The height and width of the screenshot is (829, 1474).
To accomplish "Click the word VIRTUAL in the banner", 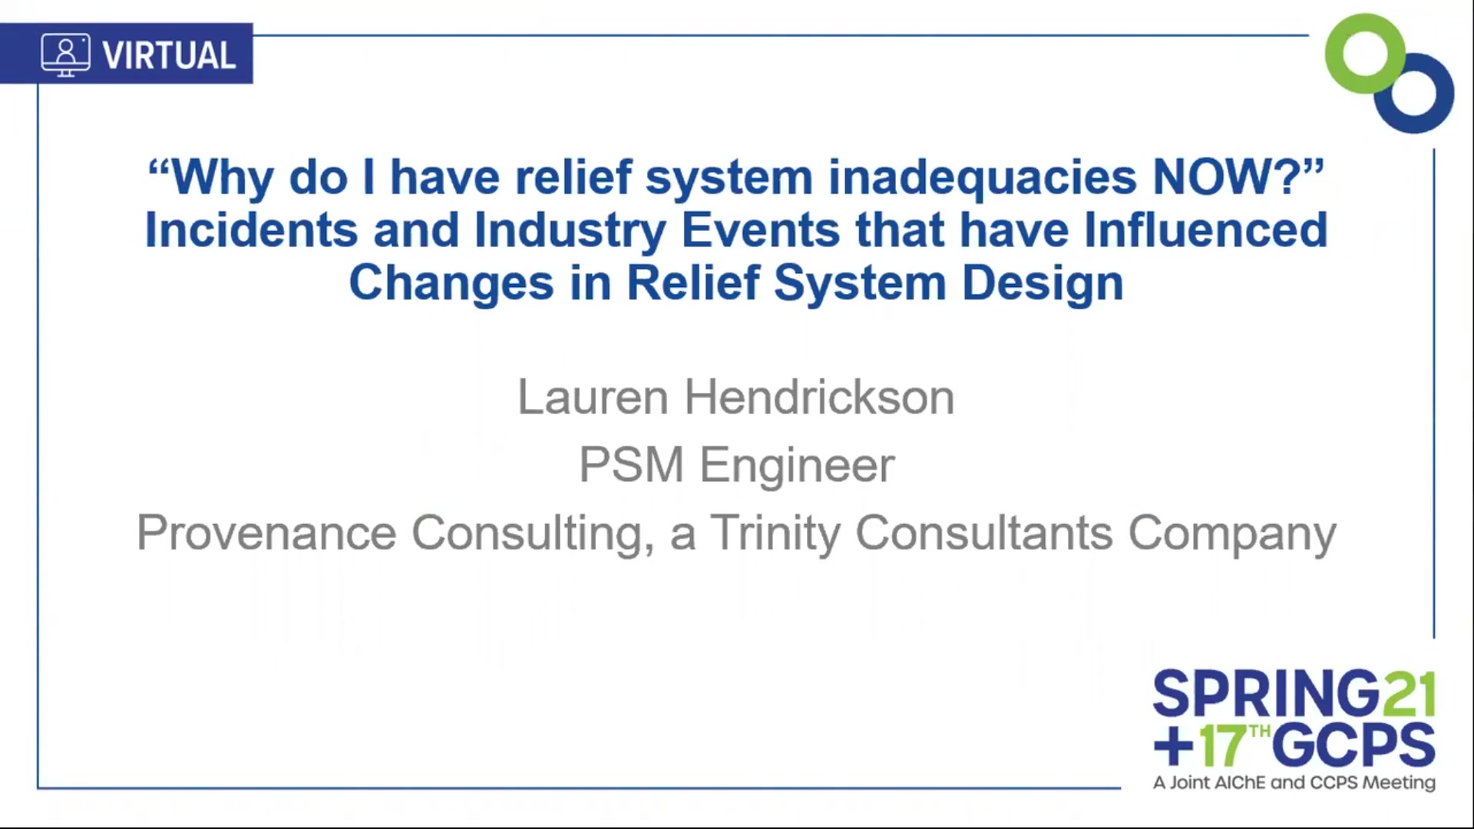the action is (169, 55).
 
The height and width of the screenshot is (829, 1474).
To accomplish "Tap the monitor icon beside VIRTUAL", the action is (65, 54).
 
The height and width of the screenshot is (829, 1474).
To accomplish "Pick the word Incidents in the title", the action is (251, 230).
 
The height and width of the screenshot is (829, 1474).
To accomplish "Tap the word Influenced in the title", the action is (1205, 230).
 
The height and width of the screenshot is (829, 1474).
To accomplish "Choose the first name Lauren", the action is (593, 398).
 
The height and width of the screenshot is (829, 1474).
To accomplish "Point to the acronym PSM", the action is (631, 465).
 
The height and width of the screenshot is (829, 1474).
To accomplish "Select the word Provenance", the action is (266, 533).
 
